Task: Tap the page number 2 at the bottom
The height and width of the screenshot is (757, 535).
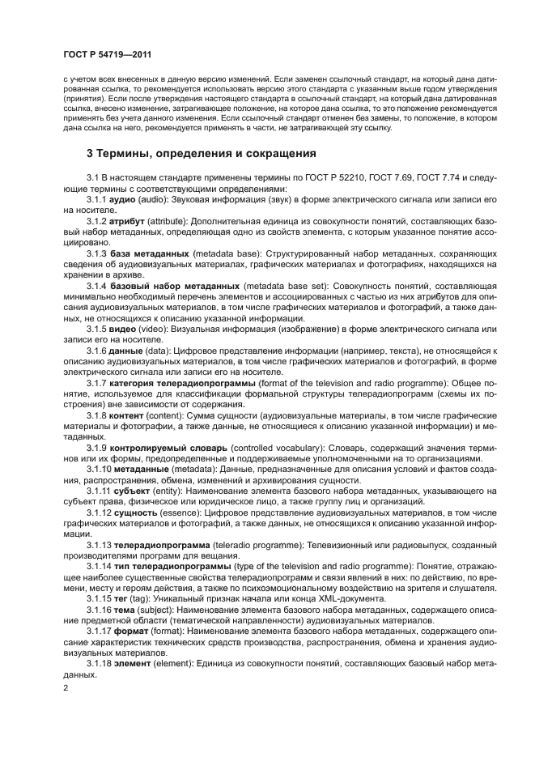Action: click(66, 687)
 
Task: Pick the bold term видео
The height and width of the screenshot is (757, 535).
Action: click(124, 330)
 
